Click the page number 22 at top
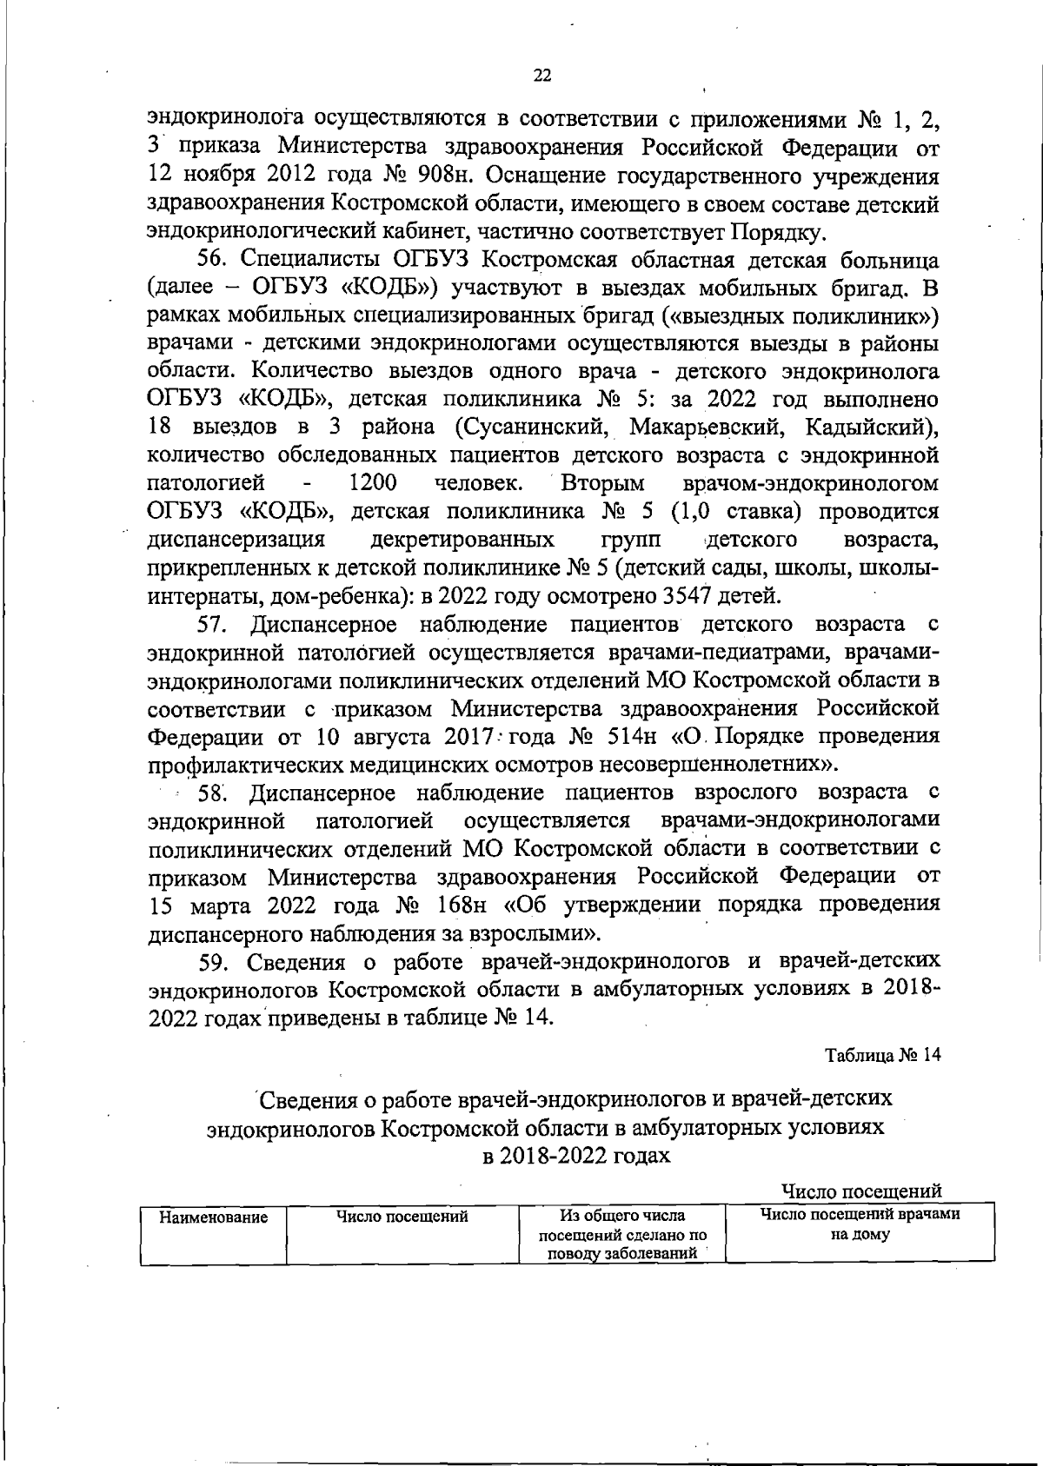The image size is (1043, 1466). [x=541, y=76]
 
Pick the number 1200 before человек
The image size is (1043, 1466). [x=373, y=483]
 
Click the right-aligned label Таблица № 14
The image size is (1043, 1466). [x=883, y=1055]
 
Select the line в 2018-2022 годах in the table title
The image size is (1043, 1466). [x=577, y=1156]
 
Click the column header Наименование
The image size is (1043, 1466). [x=213, y=1217]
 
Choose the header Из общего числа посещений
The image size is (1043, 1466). [x=622, y=1217]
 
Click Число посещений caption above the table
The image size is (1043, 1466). [x=861, y=1191]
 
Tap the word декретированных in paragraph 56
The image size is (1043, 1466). [x=462, y=540]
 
